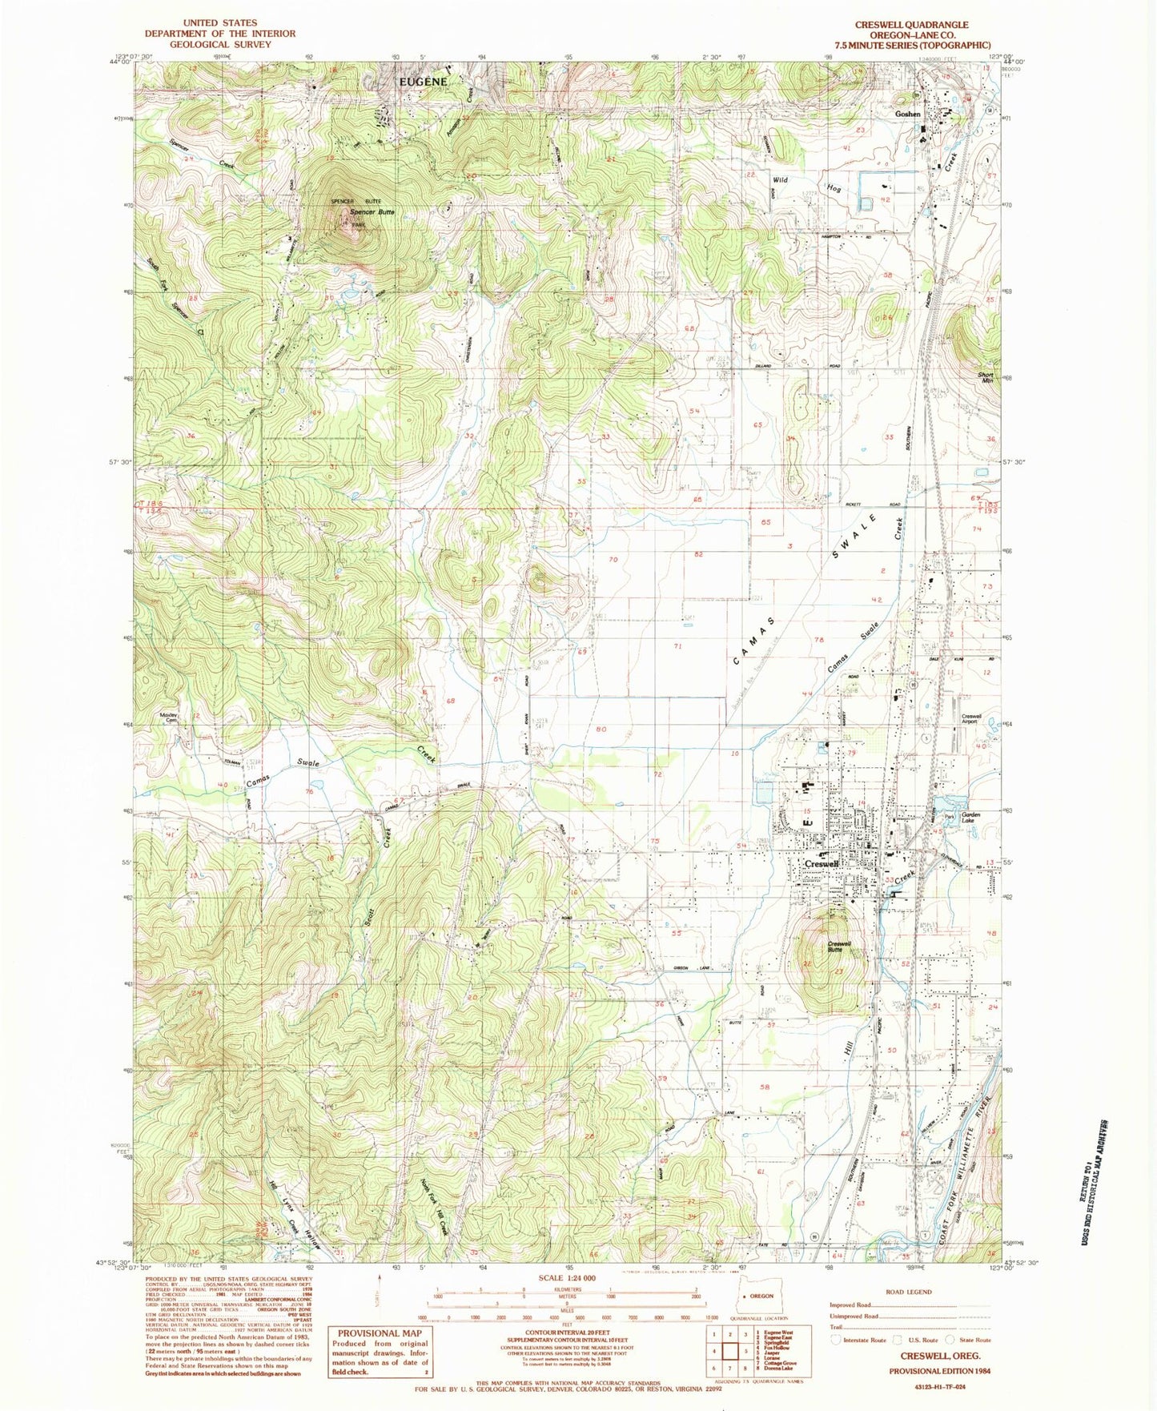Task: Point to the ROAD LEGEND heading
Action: [909, 1292]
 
